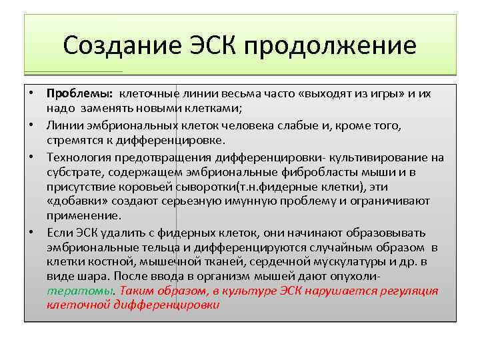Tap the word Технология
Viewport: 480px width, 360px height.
click(79, 157)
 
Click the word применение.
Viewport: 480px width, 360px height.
click(84, 216)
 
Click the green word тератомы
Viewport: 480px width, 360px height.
click(80, 291)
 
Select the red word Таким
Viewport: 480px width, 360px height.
click(139, 291)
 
